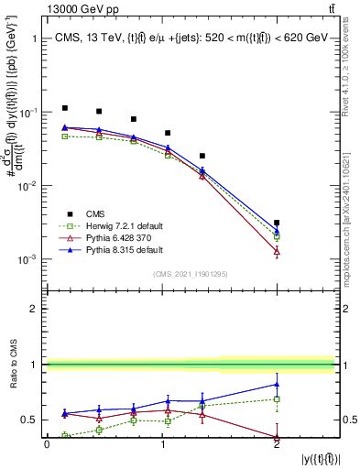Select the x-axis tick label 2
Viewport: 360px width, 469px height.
point(277,443)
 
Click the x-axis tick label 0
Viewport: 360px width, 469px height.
point(47,443)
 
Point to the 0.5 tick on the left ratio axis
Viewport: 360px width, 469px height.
point(31,420)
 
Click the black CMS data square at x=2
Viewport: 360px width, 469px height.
point(277,223)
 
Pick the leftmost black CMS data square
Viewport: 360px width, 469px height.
point(64,108)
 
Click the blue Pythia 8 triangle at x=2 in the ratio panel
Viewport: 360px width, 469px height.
point(277,384)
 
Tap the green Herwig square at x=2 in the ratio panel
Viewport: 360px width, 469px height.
point(277,399)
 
